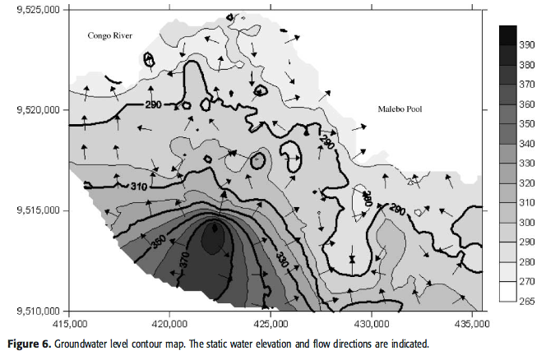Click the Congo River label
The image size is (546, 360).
(110, 35)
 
